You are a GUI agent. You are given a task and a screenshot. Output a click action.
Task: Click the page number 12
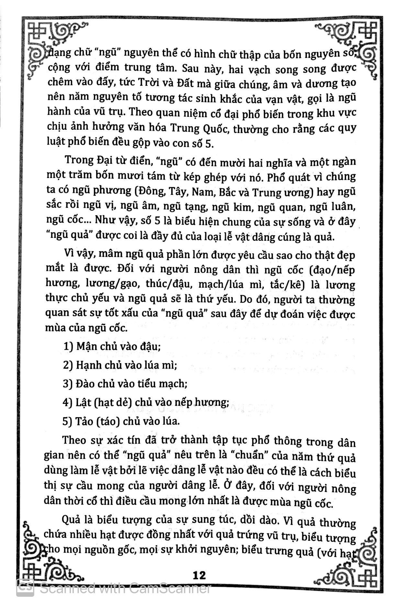click(x=199, y=575)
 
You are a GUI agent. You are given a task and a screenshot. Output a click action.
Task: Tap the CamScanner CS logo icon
click(x=25, y=588)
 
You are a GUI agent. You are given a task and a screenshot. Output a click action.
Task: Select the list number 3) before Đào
click(x=68, y=384)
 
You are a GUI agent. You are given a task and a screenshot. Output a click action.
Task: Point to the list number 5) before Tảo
click(x=68, y=421)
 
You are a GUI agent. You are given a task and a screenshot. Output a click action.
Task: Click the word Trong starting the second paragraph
click(x=78, y=160)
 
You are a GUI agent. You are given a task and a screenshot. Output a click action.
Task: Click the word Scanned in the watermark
click(x=68, y=588)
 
